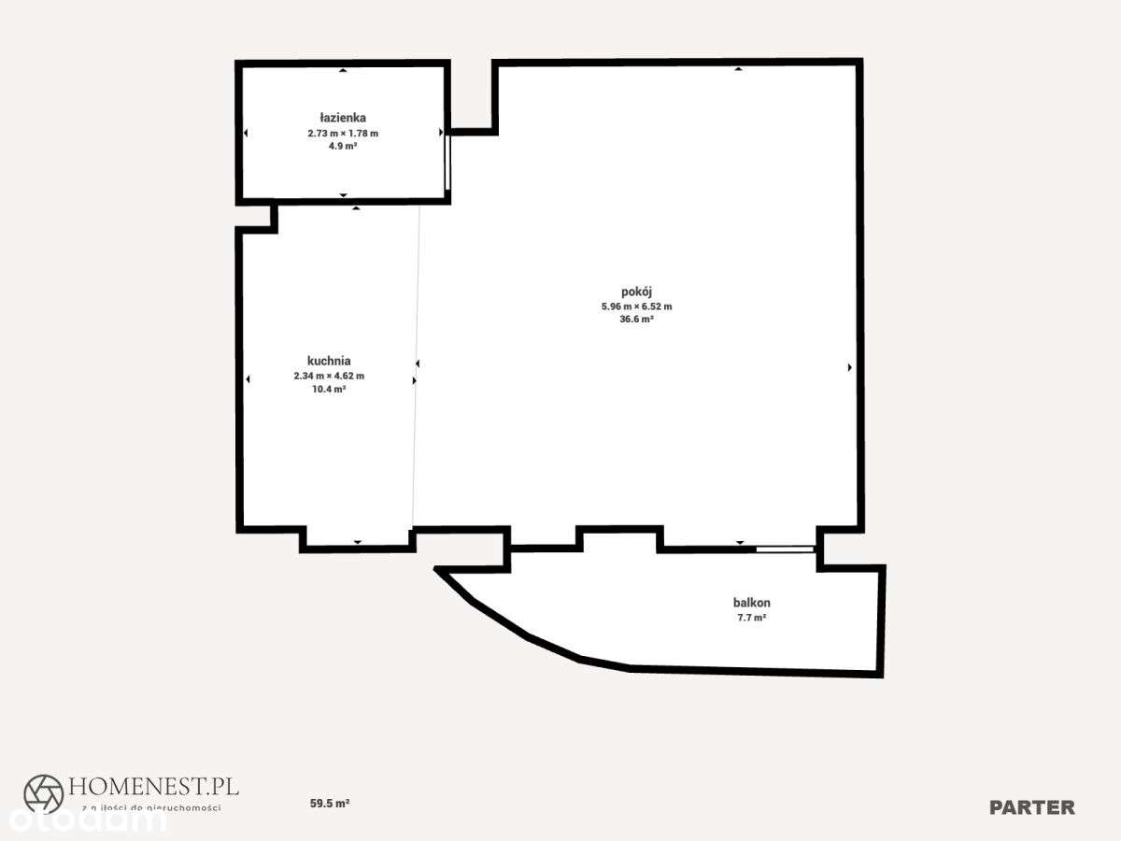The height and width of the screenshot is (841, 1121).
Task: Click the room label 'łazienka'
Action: tap(343, 119)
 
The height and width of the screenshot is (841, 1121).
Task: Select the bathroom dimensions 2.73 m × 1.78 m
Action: tap(343, 134)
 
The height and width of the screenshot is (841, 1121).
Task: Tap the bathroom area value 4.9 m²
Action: tap(343, 147)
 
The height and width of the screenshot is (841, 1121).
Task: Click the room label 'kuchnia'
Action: tap(329, 361)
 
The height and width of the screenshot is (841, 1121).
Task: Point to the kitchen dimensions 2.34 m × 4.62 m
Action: tap(329, 376)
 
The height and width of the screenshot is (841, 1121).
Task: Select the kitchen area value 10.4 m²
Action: tap(329, 389)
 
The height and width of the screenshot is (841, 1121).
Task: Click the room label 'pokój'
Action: tap(636, 292)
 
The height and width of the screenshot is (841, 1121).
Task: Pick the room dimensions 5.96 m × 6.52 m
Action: tap(636, 306)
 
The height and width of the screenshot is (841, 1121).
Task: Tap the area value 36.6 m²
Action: tap(636, 320)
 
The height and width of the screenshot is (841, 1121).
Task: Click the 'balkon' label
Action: tap(751, 603)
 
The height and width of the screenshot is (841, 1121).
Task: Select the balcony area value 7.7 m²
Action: tap(751, 618)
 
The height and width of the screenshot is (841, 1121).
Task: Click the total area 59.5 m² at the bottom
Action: tap(330, 803)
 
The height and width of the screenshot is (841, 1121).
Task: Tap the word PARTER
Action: tap(1032, 807)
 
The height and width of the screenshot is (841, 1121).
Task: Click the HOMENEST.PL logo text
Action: tap(150, 786)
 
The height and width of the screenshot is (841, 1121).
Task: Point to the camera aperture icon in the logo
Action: tap(43, 793)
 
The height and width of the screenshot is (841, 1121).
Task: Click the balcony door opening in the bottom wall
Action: tap(785, 549)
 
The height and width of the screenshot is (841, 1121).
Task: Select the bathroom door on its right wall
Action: tap(447, 163)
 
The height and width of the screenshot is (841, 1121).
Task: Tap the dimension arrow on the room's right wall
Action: tap(849, 367)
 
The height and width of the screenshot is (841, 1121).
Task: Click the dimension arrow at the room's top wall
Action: tap(738, 69)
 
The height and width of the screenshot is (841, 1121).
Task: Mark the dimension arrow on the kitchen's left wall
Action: tap(248, 378)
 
